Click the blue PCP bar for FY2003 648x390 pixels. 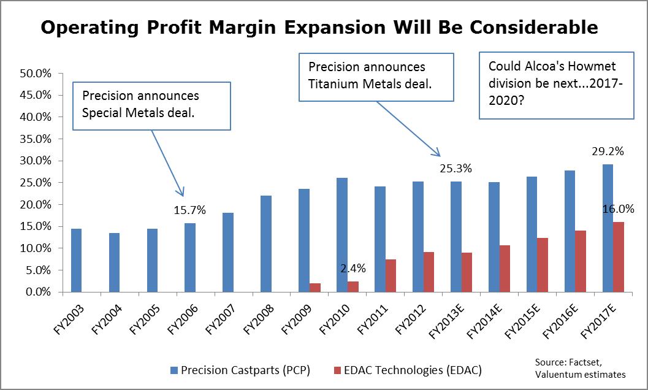[x=77, y=260]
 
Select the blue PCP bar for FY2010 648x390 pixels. [x=342, y=235]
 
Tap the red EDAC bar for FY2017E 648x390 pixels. [x=619, y=257]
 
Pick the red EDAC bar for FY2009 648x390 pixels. [x=315, y=288]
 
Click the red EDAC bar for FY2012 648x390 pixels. [x=429, y=272]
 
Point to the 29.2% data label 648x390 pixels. [x=608, y=151]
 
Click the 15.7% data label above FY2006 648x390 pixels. [x=189, y=210]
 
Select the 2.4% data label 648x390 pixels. [x=353, y=269]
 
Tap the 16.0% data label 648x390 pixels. [x=618, y=209]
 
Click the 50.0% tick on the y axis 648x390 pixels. [x=36, y=74]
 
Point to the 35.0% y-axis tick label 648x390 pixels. [x=36, y=139]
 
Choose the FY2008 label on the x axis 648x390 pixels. [x=259, y=319]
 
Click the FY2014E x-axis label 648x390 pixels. [x=484, y=321]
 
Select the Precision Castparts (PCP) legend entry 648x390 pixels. [x=240, y=370]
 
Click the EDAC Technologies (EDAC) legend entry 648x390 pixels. [x=408, y=370]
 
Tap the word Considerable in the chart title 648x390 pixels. [x=533, y=28]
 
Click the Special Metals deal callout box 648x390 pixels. [x=151, y=106]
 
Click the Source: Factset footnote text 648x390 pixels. [x=569, y=362]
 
